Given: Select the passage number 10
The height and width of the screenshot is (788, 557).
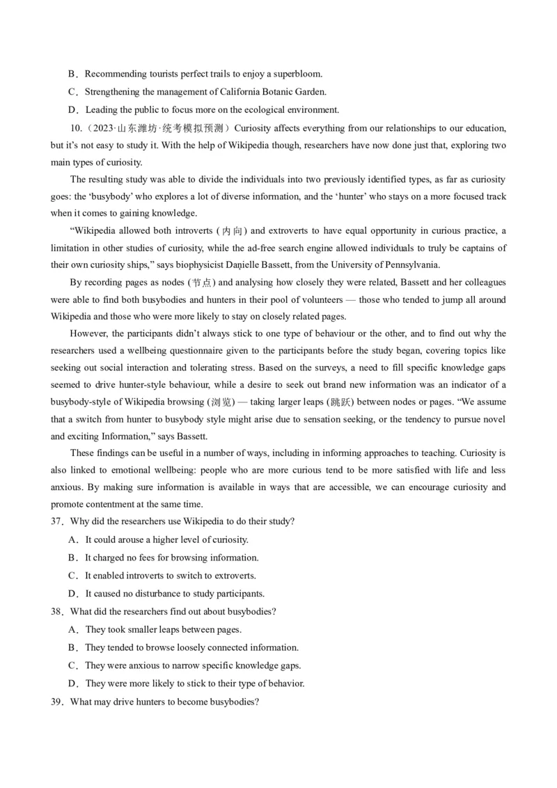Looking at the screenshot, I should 76,128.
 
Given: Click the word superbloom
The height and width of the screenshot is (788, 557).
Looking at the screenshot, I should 297,74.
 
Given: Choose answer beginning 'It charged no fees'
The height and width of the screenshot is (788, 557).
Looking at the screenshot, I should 172,558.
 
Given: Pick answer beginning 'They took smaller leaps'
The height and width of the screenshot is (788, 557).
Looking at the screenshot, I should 164,630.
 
